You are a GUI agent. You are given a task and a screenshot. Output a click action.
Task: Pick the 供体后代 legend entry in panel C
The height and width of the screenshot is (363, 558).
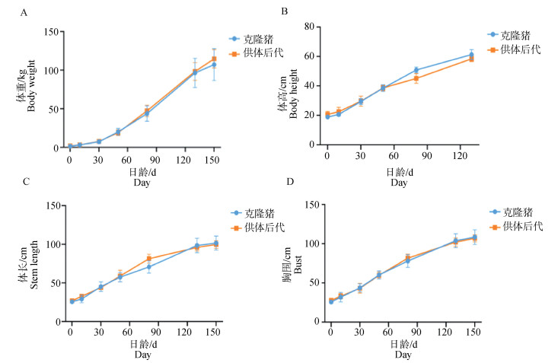259,227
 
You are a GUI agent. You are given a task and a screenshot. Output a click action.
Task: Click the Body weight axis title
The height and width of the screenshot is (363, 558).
31,90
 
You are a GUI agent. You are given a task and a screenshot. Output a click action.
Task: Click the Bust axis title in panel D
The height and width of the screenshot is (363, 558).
292,264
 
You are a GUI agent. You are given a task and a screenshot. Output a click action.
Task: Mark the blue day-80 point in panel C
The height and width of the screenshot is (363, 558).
149,267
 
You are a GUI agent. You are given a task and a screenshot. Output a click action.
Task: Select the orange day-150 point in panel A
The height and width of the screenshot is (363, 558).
214,59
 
